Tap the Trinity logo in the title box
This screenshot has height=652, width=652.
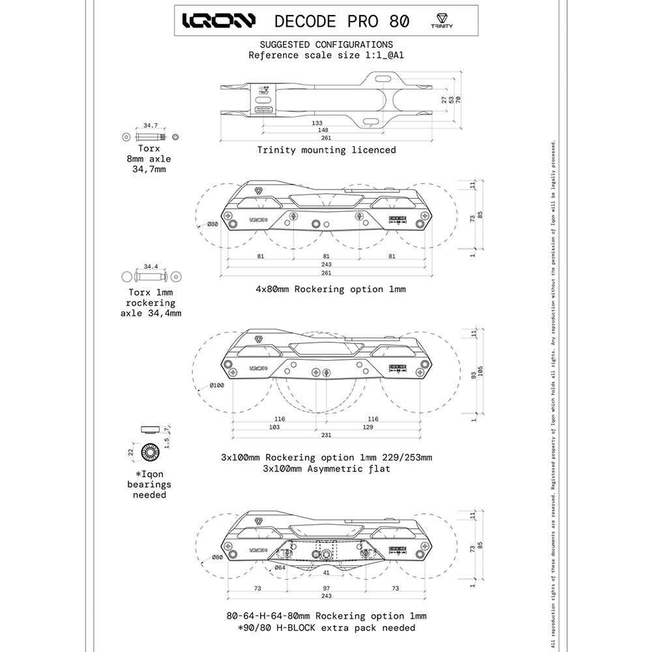(442, 20)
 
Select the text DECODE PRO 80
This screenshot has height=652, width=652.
(342, 21)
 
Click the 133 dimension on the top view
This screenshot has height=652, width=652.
(318, 123)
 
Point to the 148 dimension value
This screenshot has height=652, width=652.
(322, 130)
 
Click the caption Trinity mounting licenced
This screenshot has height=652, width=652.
(326, 150)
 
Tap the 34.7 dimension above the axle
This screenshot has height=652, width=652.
(151, 125)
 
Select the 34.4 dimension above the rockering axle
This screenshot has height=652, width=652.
(151, 267)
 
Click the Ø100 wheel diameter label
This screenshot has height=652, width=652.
(216, 386)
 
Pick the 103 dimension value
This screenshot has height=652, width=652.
(274, 427)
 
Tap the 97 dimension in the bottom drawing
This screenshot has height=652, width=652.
(327, 588)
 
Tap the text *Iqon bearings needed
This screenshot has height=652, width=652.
(149, 484)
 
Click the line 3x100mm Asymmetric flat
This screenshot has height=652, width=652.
(326, 468)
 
